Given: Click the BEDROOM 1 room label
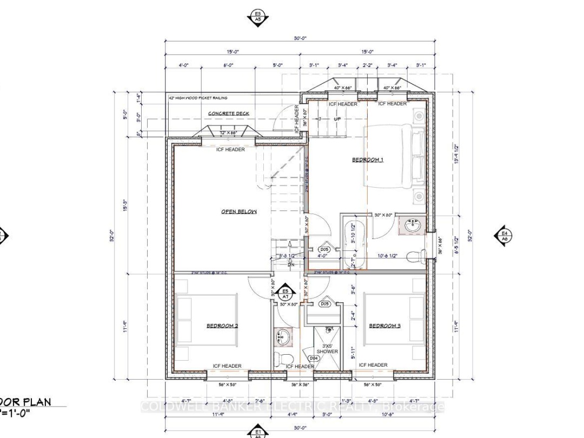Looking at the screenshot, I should coord(368,160).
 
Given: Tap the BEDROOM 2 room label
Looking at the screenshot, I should coord(222,326).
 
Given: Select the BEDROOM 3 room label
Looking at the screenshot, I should coord(384,326).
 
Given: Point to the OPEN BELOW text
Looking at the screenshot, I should coord(238,211).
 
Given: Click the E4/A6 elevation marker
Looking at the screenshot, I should coord(503,235).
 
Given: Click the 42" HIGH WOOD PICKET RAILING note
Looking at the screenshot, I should coord(198,98).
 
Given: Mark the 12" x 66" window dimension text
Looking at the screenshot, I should coord(228,132).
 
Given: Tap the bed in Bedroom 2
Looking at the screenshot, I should coord(207,326).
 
